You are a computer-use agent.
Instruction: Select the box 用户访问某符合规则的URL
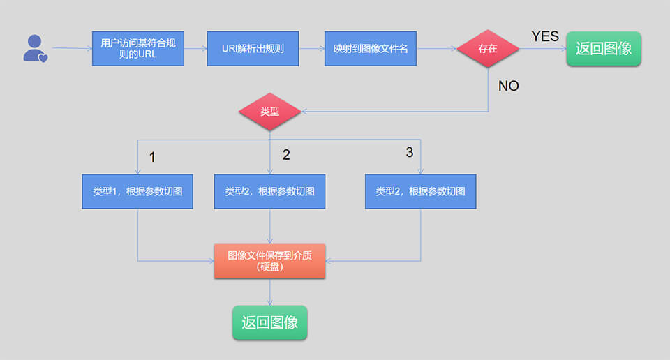tap(138, 49)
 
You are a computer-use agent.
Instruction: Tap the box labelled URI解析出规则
tap(253, 49)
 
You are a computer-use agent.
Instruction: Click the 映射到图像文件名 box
tap(370, 49)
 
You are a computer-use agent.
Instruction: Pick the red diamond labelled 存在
tap(488, 49)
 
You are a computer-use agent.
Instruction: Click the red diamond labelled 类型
tap(269, 112)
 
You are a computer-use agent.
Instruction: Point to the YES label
tap(545, 36)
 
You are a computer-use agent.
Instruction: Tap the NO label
tap(509, 87)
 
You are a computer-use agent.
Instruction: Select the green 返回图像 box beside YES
tap(604, 49)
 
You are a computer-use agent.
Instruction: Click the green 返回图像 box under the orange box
tap(269, 322)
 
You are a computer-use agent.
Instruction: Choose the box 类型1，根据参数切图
tap(137, 191)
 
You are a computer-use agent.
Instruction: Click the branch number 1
tap(152, 157)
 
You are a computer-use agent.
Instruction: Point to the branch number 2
tap(286, 155)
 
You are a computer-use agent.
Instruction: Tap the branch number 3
tap(410, 152)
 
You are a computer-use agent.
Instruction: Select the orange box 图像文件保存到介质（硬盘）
tap(269, 261)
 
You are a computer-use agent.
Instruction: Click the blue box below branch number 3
tap(420, 191)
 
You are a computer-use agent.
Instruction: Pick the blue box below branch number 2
tap(269, 191)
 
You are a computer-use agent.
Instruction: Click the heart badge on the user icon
tap(43, 58)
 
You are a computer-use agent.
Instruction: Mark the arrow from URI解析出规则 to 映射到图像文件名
tap(311, 49)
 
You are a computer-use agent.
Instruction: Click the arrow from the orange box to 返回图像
tap(269, 292)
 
